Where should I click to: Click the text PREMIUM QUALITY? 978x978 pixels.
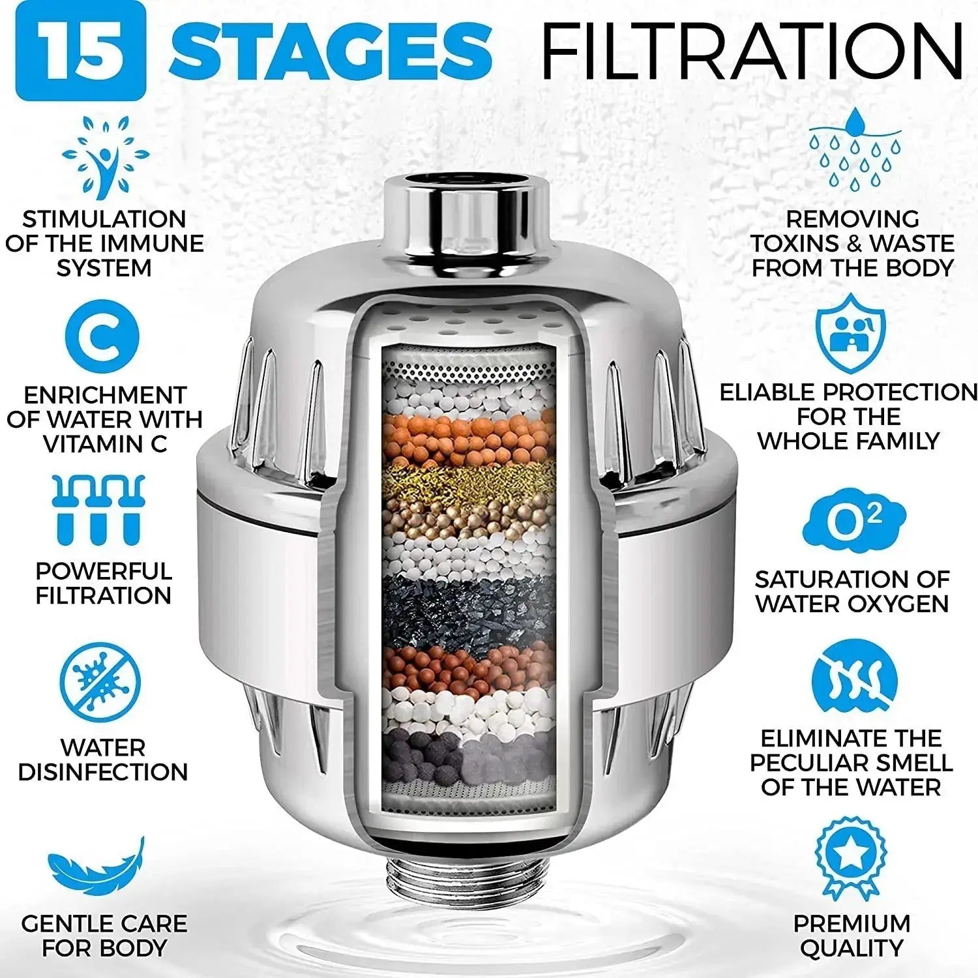point(852,936)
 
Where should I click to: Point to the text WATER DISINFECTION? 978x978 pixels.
point(103,760)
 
